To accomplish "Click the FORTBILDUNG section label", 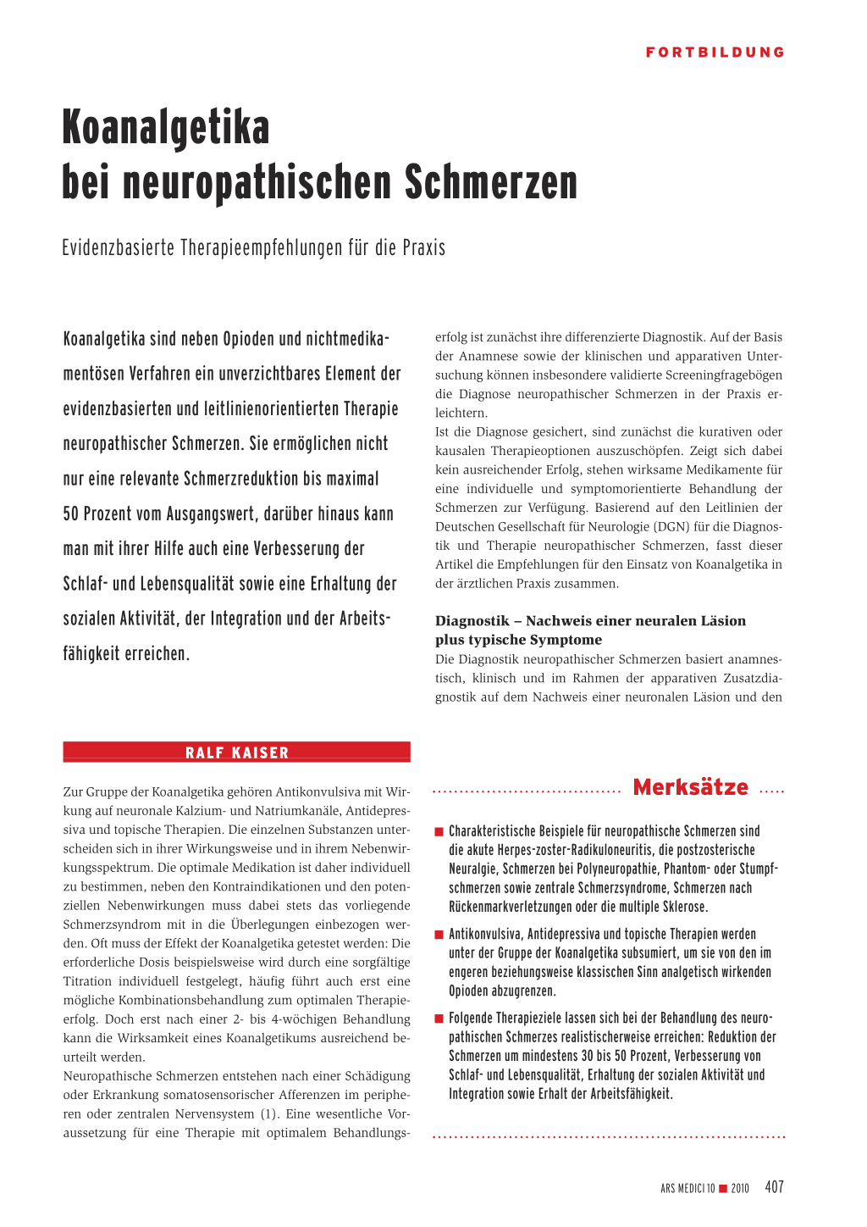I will click(715, 53).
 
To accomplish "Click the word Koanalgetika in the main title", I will click(166, 128).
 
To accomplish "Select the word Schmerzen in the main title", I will click(490, 183).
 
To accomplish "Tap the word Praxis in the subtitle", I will click(423, 248).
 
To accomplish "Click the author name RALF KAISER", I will click(237, 752).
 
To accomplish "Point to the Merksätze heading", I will click(690, 787).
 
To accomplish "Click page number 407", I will click(774, 1187).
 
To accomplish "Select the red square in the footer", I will click(723, 1188).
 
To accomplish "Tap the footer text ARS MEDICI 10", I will click(688, 1188).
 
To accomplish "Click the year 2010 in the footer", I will click(740, 1188).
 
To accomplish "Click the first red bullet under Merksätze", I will click(439, 831).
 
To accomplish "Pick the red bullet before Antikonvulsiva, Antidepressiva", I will click(439, 935).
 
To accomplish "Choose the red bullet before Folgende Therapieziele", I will click(439, 1019).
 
